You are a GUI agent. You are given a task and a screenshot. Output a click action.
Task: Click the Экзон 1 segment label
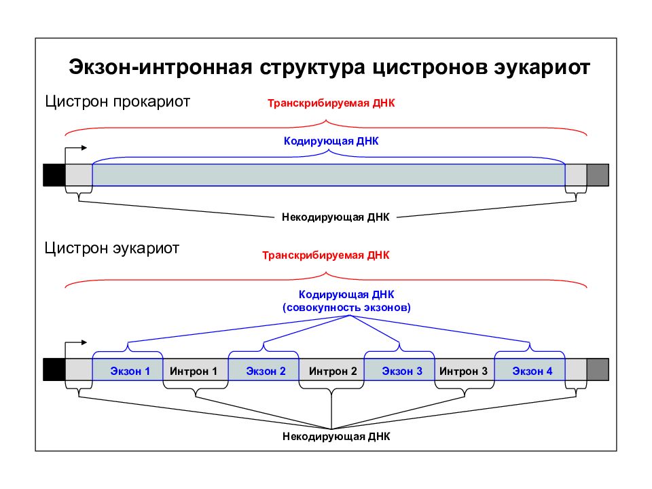130,371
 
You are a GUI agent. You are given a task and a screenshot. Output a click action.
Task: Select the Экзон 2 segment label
266,371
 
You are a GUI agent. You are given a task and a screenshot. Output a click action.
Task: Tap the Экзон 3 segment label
402,371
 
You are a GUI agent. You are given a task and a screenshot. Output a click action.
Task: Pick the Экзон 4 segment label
532,371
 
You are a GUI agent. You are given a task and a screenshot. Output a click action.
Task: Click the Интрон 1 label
194,371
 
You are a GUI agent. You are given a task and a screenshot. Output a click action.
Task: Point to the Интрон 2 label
333,371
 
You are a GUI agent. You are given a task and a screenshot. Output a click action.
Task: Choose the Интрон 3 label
463,371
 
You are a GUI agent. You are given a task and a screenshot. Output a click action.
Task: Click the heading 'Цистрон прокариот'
117,101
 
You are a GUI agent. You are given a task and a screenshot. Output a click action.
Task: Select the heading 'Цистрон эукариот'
112,249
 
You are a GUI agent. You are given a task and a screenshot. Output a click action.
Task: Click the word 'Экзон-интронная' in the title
160,67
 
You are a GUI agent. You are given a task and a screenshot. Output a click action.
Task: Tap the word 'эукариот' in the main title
542,68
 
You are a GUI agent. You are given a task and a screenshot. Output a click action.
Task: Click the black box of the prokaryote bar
54,175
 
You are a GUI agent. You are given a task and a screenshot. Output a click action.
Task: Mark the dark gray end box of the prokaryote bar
598,175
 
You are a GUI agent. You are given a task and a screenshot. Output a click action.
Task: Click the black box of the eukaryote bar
54,369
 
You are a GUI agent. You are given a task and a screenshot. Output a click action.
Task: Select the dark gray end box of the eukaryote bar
598,369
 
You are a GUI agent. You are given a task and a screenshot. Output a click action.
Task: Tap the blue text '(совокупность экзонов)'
346,308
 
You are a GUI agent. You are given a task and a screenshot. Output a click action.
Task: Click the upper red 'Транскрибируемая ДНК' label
331,103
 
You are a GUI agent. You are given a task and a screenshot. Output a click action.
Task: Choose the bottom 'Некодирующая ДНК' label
336,436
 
